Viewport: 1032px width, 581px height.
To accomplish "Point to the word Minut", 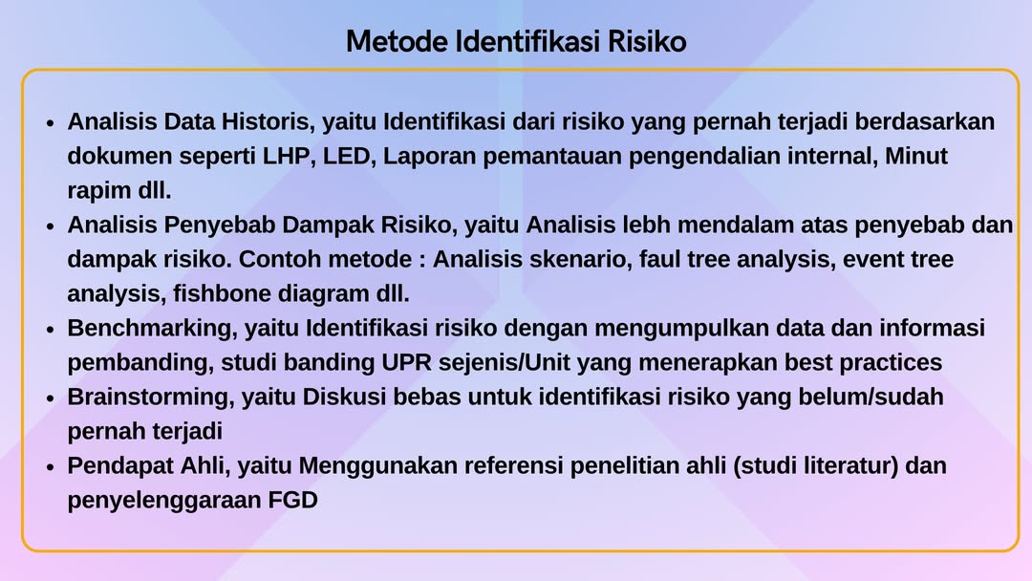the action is pyautogui.click(x=916, y=156).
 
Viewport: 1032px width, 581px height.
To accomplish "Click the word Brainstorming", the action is pyautogui.click(x=151, y=398).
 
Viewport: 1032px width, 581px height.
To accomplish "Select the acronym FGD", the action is pyautogui.click(x=293, y=500).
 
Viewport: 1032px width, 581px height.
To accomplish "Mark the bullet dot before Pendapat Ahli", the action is pyautogui.click(x=50, y=467).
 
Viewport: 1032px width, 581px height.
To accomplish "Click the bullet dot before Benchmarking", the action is pyautogui.click(x=50, y=330).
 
